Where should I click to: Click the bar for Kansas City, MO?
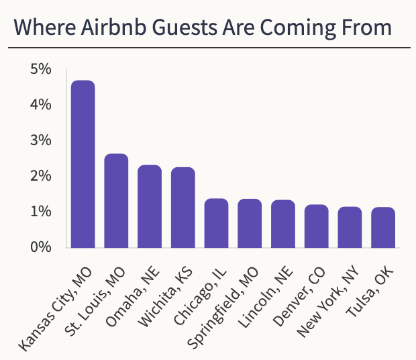pos(83,164)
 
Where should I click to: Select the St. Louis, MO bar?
pos(116,201)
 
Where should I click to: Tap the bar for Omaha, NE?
pos(150,206)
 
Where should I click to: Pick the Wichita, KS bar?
pos(183,208)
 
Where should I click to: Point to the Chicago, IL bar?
pos(216,223)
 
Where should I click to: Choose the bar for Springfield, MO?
pos(250,223)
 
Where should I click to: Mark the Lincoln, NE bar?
pos(283,224)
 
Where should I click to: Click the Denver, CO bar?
pos(316,226)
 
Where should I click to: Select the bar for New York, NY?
pos(350,227)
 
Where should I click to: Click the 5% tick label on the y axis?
pos(41,69)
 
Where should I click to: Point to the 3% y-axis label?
pos(41,140)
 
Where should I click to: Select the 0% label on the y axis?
pos(41,247)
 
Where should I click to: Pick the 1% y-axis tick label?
pos(41,212)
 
